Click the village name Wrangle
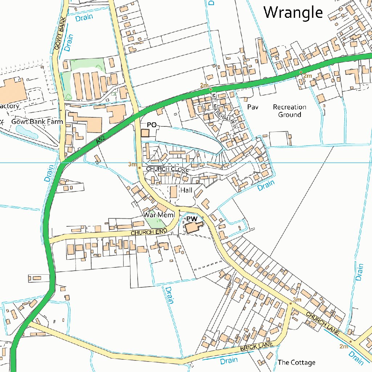pyautogui.click(x=293, y=13)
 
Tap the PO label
pyautogui.click(x=152, y=125)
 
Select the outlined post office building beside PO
pyautogui.click(x=145, y=133)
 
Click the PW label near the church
pyautogui.click(x=191, y=219)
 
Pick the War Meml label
pyautogui.click(x=159, y=215)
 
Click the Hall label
pyautogui.click(x=186, y=190)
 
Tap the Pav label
pyautogui.click(x=252, y=107)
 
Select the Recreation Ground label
pyautogui.click(x=290, y=111)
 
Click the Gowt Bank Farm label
pyautogui.click(x=37, y=122)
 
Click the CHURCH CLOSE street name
pyautogui.click(x=167, y=170)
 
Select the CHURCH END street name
pyautogui.click(x=149, y=232)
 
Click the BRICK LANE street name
pyautogui.click(x=256, y=347)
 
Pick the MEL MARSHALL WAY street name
pyautogui.click(x=224, y=111)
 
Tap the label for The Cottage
pyautogui.click(x=296, y=362)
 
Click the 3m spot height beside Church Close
pyautogui.click(x=132, y=165)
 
